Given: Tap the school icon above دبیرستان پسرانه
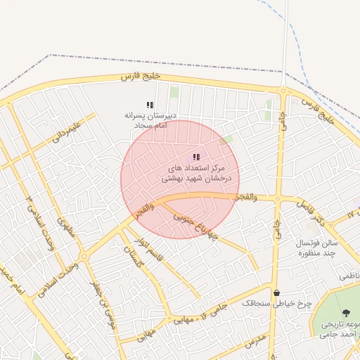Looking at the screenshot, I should [150, 104].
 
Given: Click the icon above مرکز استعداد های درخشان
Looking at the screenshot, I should [196, 157].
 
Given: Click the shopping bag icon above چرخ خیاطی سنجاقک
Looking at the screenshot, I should [276, 292].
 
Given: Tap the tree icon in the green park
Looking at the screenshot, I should [345, 314].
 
